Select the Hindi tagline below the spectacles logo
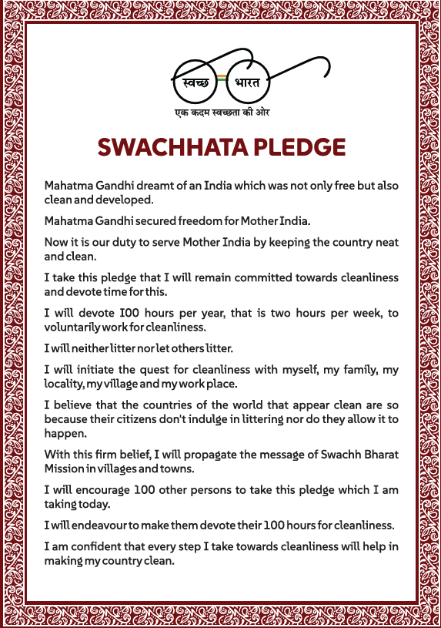[221, 113]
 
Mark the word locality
[64, 382]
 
